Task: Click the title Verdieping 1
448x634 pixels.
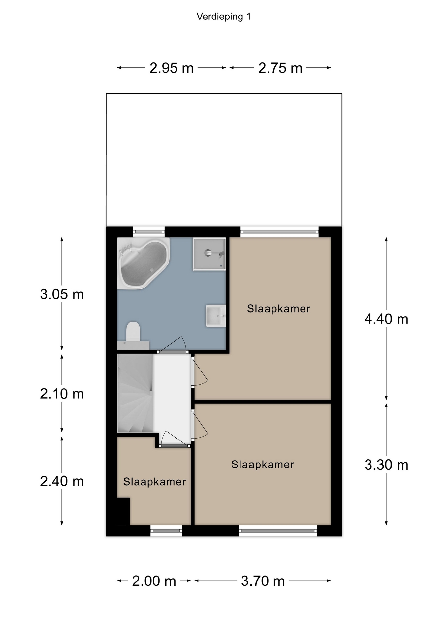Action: pyautogui.click(x=224, y=17)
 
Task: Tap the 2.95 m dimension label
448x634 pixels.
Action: pyautogui.click(x=172, y=68)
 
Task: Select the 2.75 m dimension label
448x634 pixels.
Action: pyautogui.click(x=280, y=68)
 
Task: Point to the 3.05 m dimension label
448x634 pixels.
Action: pyautogui.click(x=62, y=294)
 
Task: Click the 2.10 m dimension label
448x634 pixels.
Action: pyautogui.click(x=62, y=394)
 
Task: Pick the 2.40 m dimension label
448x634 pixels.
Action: pyautogui.click(x=62, y=481)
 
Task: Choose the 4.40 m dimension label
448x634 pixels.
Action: pyautogui.click(x=386, y=319)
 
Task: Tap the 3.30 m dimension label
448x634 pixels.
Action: pyautogui.click(x=386, y=465)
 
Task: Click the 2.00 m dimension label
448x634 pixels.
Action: pyautogui.click(x=154, y=581)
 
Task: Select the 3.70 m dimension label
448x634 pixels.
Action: pyautogui.click(x=263, y=581)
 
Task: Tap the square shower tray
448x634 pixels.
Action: pyautogui.click(x=209, y=254)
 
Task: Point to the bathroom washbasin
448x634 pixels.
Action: pyautogui.click(x=216, y=316)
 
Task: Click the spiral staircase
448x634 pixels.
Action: pyautogui.click(x=135, y=393)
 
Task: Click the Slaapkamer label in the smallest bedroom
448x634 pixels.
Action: pyautogui.click(x=155, y=482)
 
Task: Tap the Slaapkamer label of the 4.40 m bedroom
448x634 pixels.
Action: pyautogui.click(x=279, y=309)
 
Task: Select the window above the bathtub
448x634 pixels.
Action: pyautogui.click(x=149, y=232)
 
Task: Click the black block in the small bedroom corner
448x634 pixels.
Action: pyautogui.click(x=123, y=511)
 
